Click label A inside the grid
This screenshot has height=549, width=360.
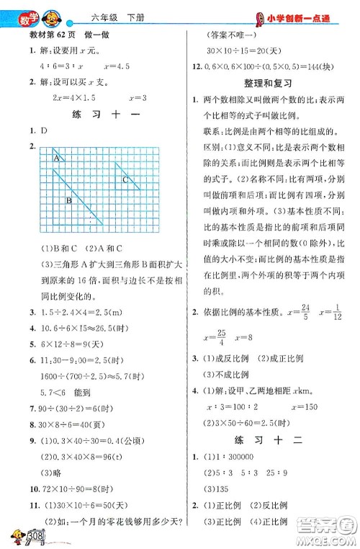[x=55, y=157]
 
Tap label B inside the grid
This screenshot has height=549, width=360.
[x=68, y=201]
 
